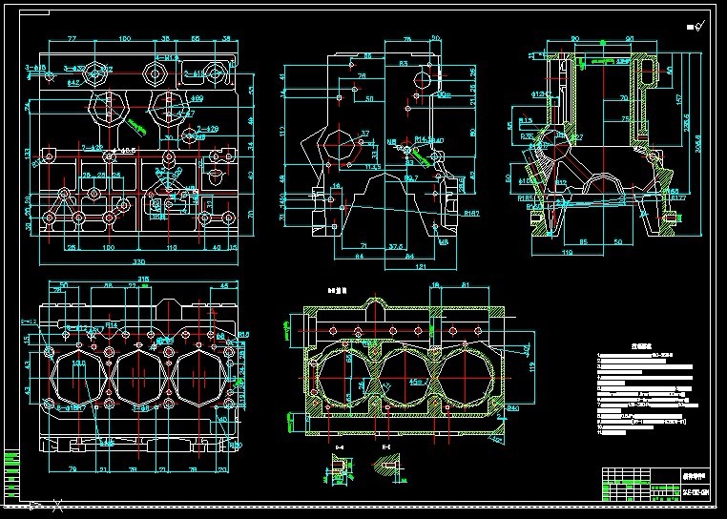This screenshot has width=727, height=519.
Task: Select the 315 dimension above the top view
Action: coord(143,279)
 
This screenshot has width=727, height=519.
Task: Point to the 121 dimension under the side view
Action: coord(394,267)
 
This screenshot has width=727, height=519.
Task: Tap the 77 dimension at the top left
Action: coord(72,39)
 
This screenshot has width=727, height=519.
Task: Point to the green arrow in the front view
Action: coord(133,123)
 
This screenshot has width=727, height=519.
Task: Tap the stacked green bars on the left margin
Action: coord(10,472)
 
